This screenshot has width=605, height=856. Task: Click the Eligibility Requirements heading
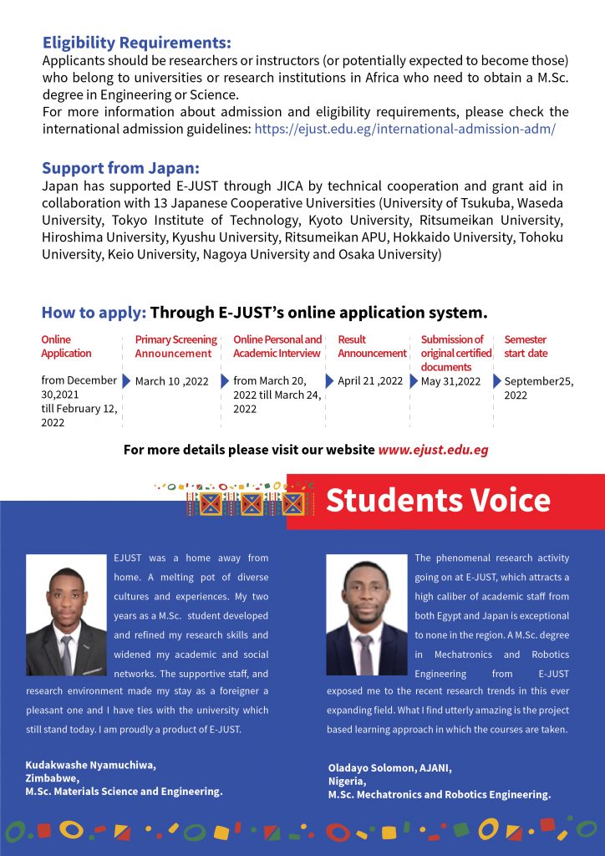pyautogui.click(x=136, y=43)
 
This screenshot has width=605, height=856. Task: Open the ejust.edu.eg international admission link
pyautogui.click(x=404, y=129)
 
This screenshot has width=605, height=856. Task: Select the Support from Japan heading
pyautogui.click(x=120, y=167)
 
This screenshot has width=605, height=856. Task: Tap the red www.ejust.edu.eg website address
pyautogui.click(x=433, y=450)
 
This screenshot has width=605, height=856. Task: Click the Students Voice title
pyautogui.click(x=438, y=500)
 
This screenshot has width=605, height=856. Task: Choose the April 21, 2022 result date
pyautogui.click(x=370, y=381)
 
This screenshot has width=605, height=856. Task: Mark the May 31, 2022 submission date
pyautogui.click(x=450, y=381)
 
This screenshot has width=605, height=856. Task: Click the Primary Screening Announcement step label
pyautogui.click(x=175, y=346)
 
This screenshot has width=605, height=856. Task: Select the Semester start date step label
pyautogui.click(x=525, y=346)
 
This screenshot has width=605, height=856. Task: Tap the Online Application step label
pyautogui.click(x=66, y=346)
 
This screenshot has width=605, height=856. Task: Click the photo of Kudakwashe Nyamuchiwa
pyautogui.click(x=66, y=614)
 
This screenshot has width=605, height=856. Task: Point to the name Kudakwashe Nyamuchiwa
pyautogui.click(x=90, y=765)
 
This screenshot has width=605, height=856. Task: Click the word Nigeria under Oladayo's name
pyautogui.click(x=347, y=781)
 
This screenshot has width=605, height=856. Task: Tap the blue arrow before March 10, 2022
pyautogui.click(x=127, y=381)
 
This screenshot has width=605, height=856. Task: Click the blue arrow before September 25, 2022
pyautogui.click(x=496, y=381)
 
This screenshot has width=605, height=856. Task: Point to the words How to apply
pyautogui.click(x=94, y=313)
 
